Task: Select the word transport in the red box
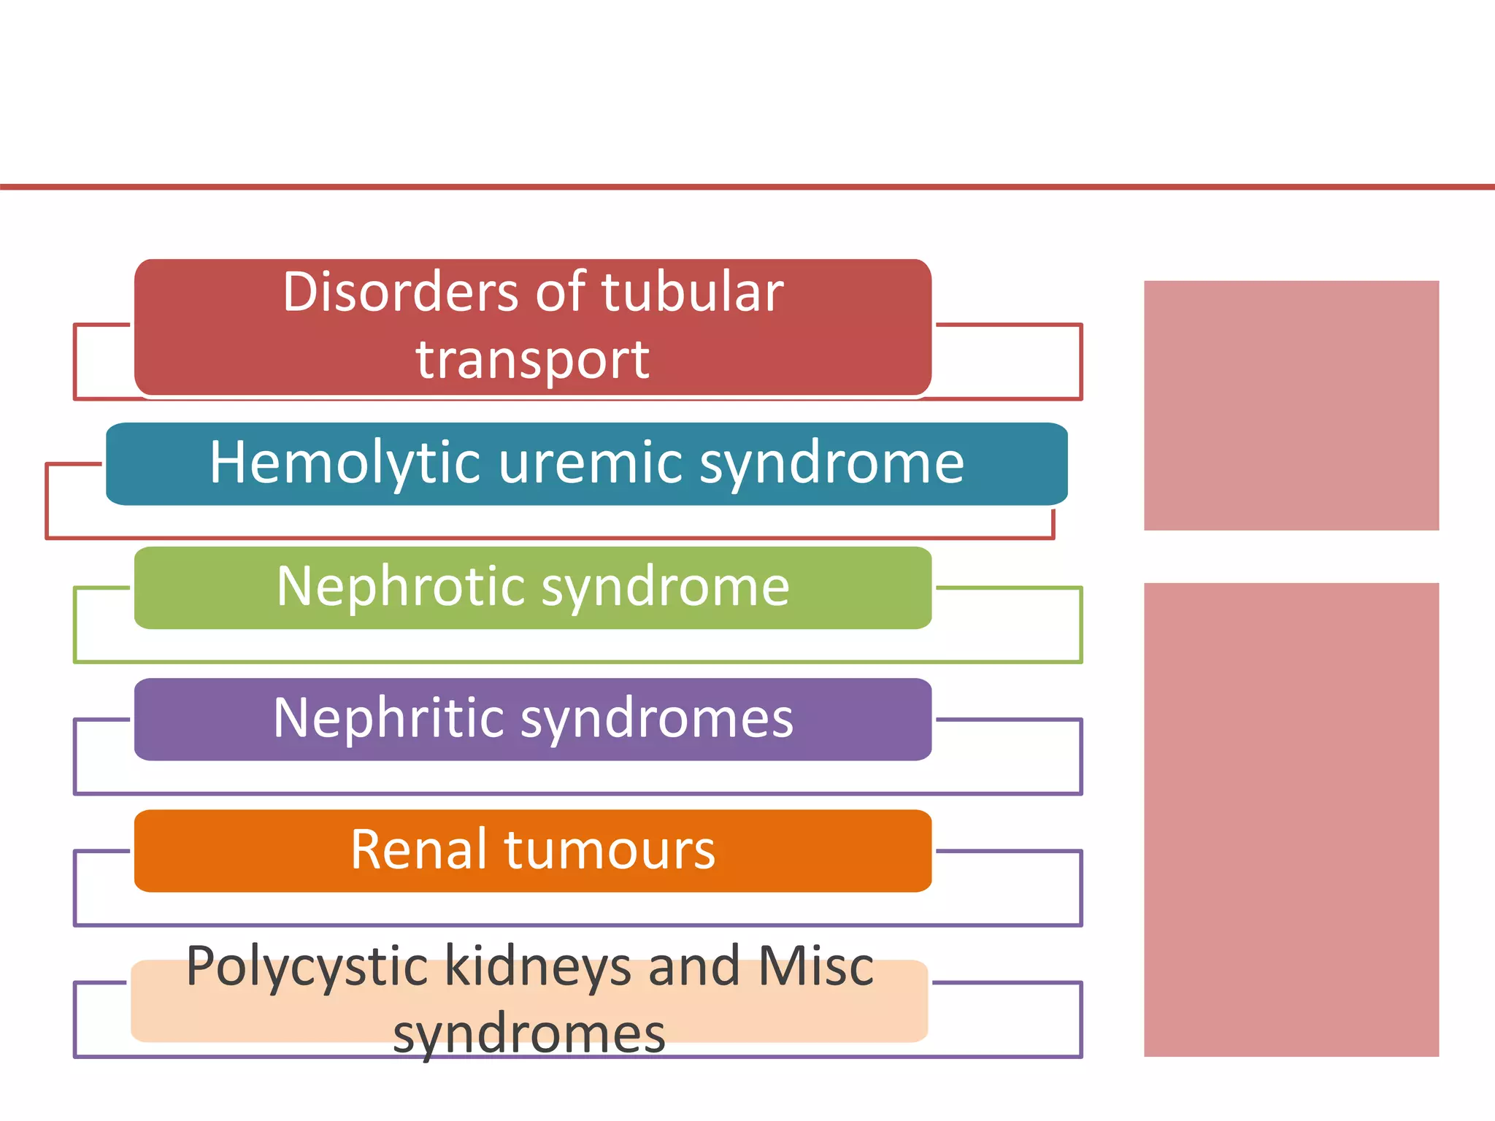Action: pyautogui.click(x=532, y=360)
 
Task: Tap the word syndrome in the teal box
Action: pyautogui.click(x=831, y=463)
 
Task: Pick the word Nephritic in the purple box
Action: pyautogui.click(x=388, y=718)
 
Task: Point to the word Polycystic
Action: pyautogui.click(x=307, y=968)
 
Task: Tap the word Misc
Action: pyautogui.click(x=815, y=966)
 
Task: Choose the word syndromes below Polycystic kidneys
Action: pyautogui.click(x=529, y=1033)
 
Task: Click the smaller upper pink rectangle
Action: pyautogui.click(x=1291, y=405)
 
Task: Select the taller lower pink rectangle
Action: pyautogui.click(x=1291, y=819)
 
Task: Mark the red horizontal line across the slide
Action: pyautogui.click(x=747, y=187)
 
